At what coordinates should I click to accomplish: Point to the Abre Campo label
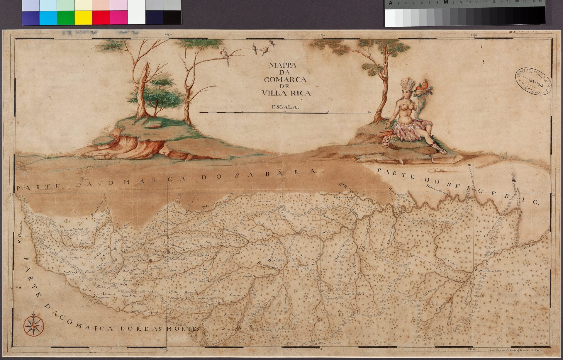352,293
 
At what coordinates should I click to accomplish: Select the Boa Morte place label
70,272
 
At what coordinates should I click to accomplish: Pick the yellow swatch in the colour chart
83,18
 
